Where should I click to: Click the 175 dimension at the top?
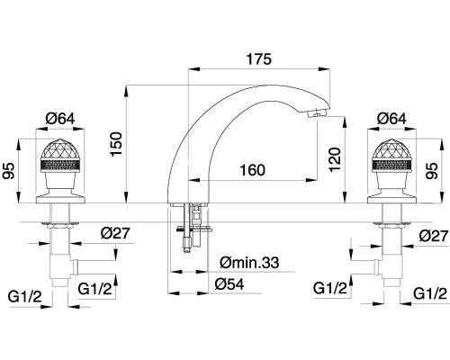[259, 59]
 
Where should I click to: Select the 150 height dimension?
[116, 144]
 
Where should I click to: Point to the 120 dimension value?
[335, 159]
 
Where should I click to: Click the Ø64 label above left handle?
[60, 119]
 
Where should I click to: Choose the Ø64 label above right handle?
[391, 119]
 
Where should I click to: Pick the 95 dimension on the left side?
[9, 171]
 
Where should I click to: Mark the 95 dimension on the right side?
[432, 171]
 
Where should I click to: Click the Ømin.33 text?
[249, 263]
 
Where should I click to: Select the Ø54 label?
[229, 283]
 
